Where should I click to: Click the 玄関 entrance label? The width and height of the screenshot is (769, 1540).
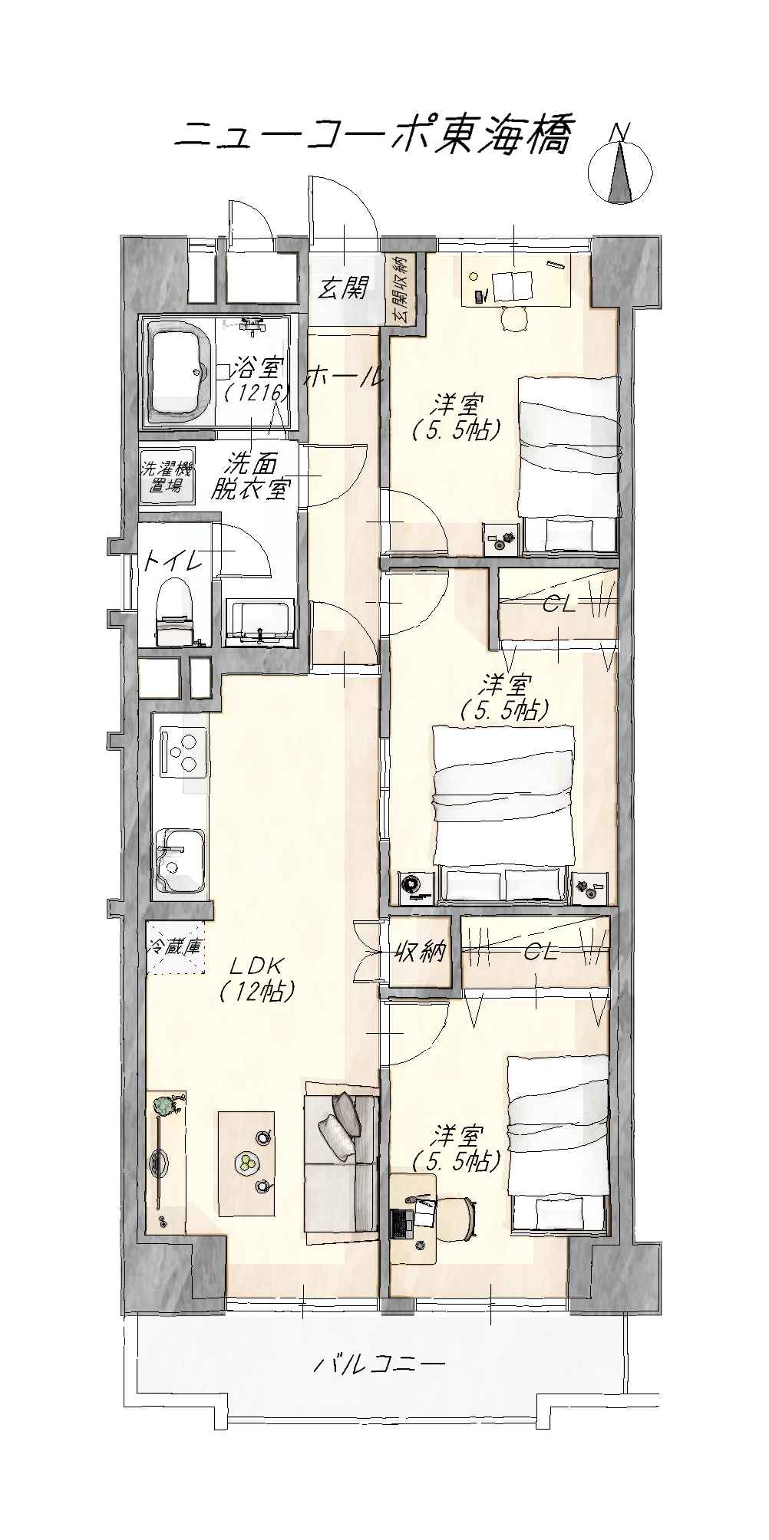(344, 288)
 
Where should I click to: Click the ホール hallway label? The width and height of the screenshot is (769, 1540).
(344, 377)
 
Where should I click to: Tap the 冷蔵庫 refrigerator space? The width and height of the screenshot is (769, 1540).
(176, 947)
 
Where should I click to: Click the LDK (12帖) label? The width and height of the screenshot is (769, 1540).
(256, 977)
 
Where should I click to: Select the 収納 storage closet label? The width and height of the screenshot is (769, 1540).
(420, 952)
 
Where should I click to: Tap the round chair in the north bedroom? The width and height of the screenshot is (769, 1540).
(514, 318)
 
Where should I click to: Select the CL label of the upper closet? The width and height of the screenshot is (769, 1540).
(559, 605)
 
